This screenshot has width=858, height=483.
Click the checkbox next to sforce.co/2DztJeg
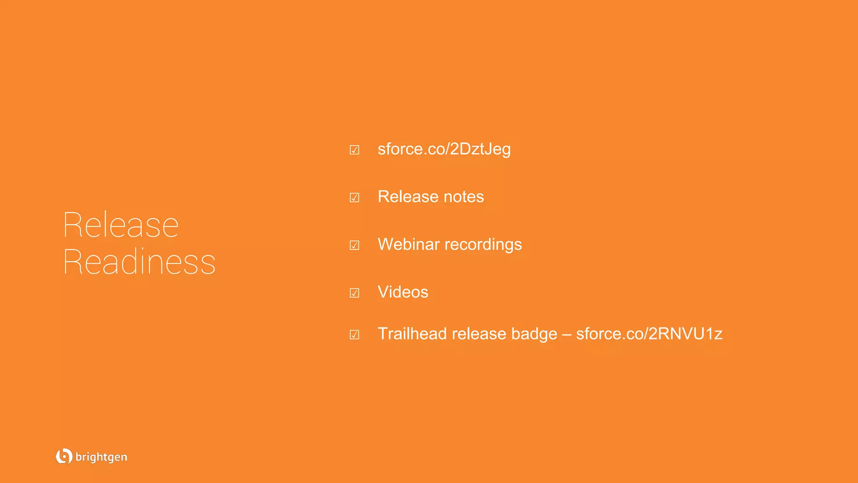(354, 150)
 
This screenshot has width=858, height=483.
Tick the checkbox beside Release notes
(354, 197)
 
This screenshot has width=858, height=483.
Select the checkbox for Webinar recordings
(354, 245)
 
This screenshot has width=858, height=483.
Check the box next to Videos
(354, 293)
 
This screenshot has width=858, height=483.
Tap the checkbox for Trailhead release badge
(354, 335)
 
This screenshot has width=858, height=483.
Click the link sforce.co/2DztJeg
(444, 149)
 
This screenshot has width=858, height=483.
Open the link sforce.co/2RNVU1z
(649, 334)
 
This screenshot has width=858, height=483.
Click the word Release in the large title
(121, 225)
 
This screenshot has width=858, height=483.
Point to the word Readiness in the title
(139, 262)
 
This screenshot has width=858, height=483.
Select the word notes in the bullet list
(463, 197)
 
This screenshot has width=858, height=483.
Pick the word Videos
(403, 292)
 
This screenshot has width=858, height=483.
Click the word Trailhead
(412, 334)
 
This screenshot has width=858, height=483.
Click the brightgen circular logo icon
(64, 456)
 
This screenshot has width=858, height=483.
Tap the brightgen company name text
(101, 457)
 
